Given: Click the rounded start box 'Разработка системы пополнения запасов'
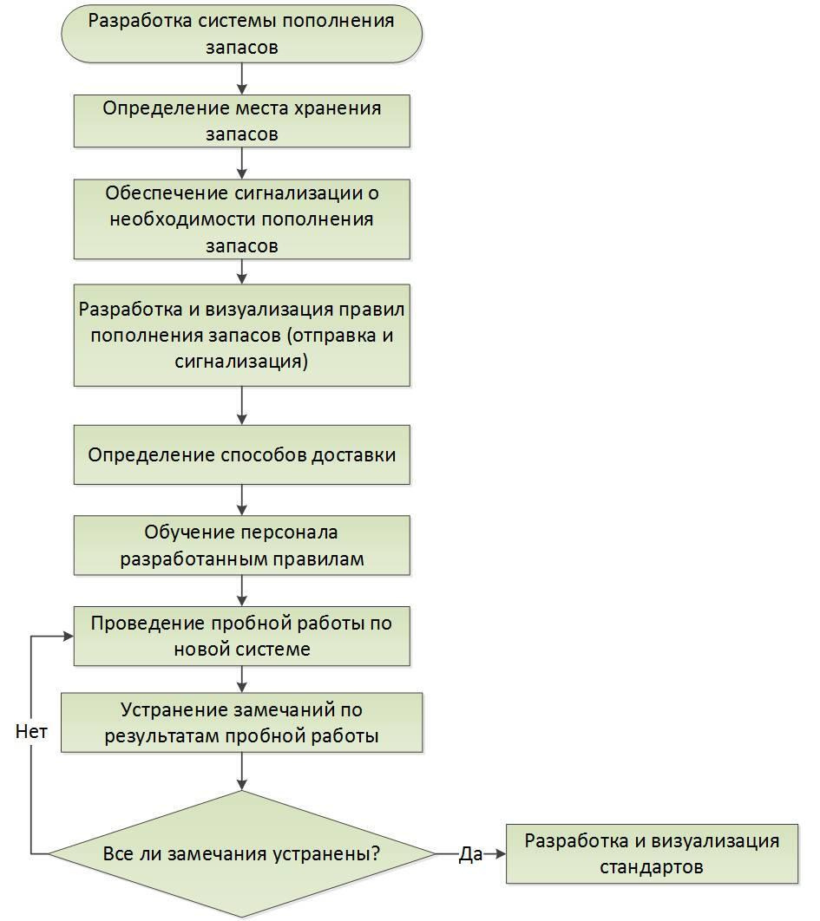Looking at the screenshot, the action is [x=241, y=34].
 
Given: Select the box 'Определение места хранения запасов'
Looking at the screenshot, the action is [x=241, y=121].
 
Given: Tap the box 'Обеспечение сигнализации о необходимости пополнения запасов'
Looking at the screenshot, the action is [x=241, y=219].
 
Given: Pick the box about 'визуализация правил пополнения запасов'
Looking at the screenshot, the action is [x=241, y=335].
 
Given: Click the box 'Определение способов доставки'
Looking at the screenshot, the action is [x=241, y=454].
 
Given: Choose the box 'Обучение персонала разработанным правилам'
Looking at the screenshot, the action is [x=241, y=545].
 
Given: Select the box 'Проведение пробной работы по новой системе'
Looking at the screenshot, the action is [x=241, y=637].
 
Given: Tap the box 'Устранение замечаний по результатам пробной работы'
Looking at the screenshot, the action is [x=241, y=722].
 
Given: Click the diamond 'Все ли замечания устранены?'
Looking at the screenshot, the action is [x=241, y=853].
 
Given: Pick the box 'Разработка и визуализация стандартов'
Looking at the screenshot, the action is [x=652, y=853].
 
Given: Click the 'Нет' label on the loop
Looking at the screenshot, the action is [x=31, y=731].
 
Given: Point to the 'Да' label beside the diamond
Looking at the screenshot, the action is [x=470, y=854].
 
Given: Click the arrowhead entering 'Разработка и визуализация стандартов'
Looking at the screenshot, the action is [x=501, y=853].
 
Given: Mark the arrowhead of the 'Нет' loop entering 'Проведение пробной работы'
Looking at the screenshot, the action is [x=69, y=637].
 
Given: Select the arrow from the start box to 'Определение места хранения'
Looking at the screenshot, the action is [x=241, y=79].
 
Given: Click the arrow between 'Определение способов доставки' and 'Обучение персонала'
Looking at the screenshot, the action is [x=241, y=500].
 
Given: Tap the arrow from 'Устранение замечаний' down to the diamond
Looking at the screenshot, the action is [x=241, y=771].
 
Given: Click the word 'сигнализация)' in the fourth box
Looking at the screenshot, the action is [x=241, y=361].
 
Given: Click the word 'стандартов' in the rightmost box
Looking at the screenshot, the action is [x=652, y=867].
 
